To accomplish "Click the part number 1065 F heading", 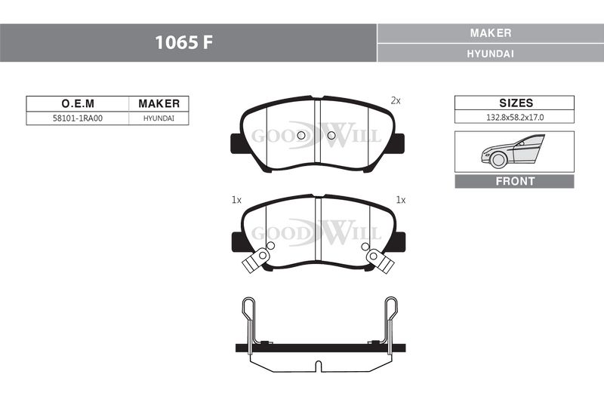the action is pos(183,42).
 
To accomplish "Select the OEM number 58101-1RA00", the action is pos(78,118).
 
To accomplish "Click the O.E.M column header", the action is pos(78,103).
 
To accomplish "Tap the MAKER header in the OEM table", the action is pos(159,103).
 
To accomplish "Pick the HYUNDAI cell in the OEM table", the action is pos(159,118).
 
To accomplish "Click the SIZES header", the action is pos(516,103).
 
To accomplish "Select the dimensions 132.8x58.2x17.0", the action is pos(515,118).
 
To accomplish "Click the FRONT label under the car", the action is pos(515,181).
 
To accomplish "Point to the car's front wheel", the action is pos(498,160).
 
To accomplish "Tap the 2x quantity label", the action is pos(396,101).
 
